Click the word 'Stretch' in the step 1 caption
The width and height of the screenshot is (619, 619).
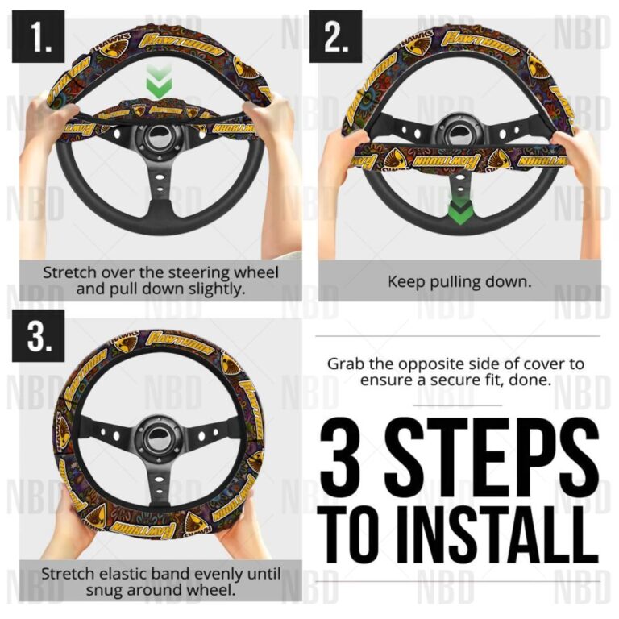[69, 272]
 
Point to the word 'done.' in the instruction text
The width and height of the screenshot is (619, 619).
[534, 380]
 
